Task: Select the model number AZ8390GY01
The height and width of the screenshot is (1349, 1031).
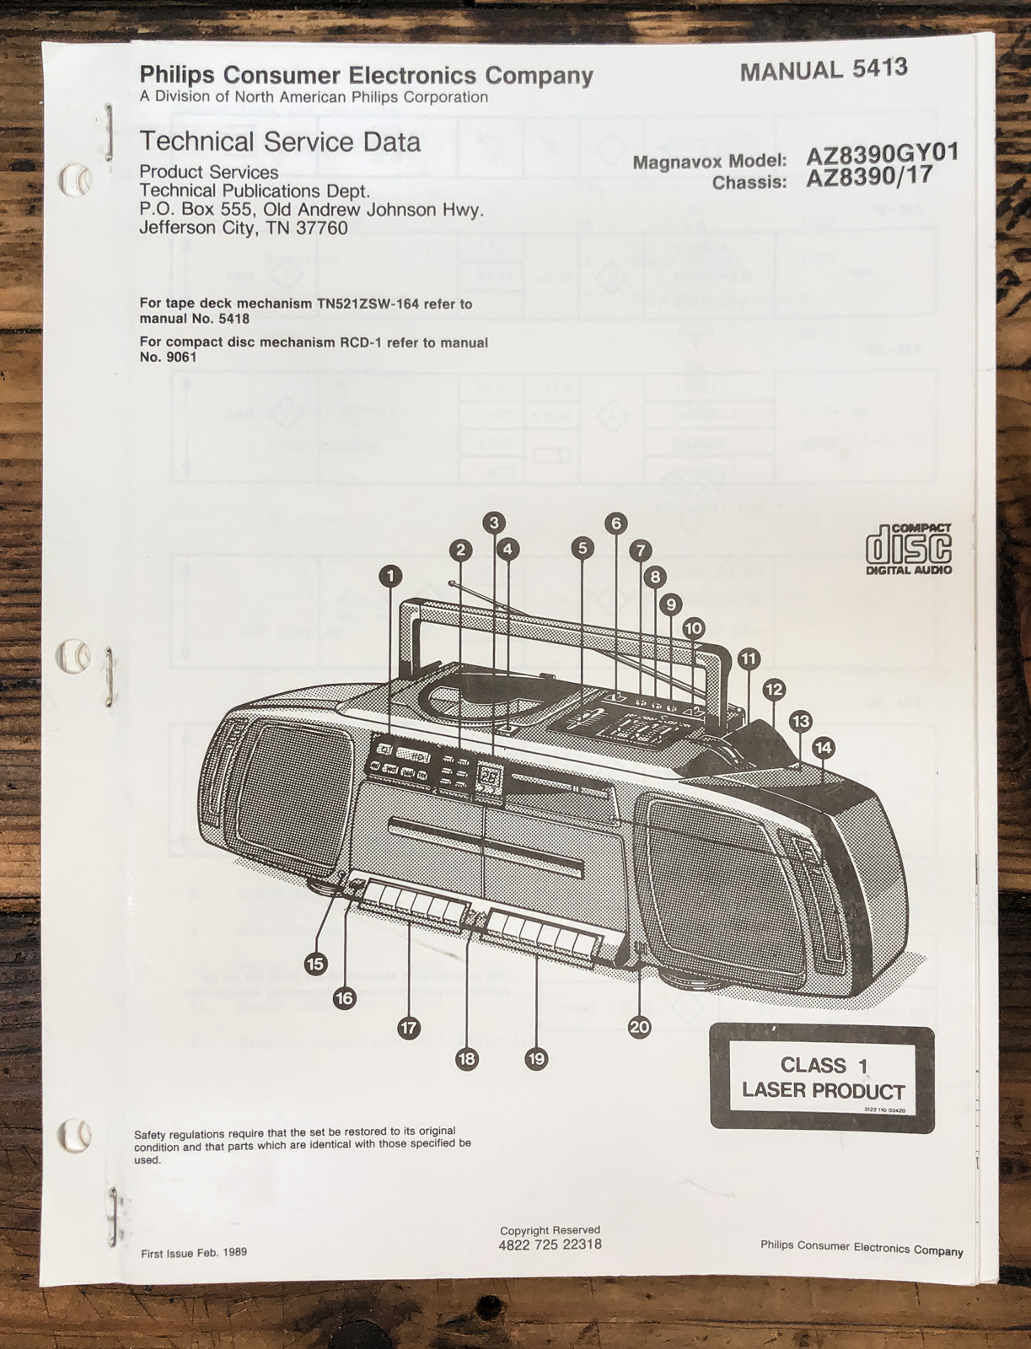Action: click(883, 154)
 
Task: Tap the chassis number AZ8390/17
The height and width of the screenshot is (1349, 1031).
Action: click(869, 178)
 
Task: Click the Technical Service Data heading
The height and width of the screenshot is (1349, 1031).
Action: click(280, 142)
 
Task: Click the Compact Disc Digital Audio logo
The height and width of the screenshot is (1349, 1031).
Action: click(910, 549)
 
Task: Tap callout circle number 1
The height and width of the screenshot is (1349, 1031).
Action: click(391, 576)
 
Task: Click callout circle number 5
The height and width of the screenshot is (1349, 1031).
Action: click(583, 547)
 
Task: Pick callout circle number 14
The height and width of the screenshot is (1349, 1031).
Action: click(824, 747)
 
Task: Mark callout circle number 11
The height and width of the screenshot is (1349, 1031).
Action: click(749, 659)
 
